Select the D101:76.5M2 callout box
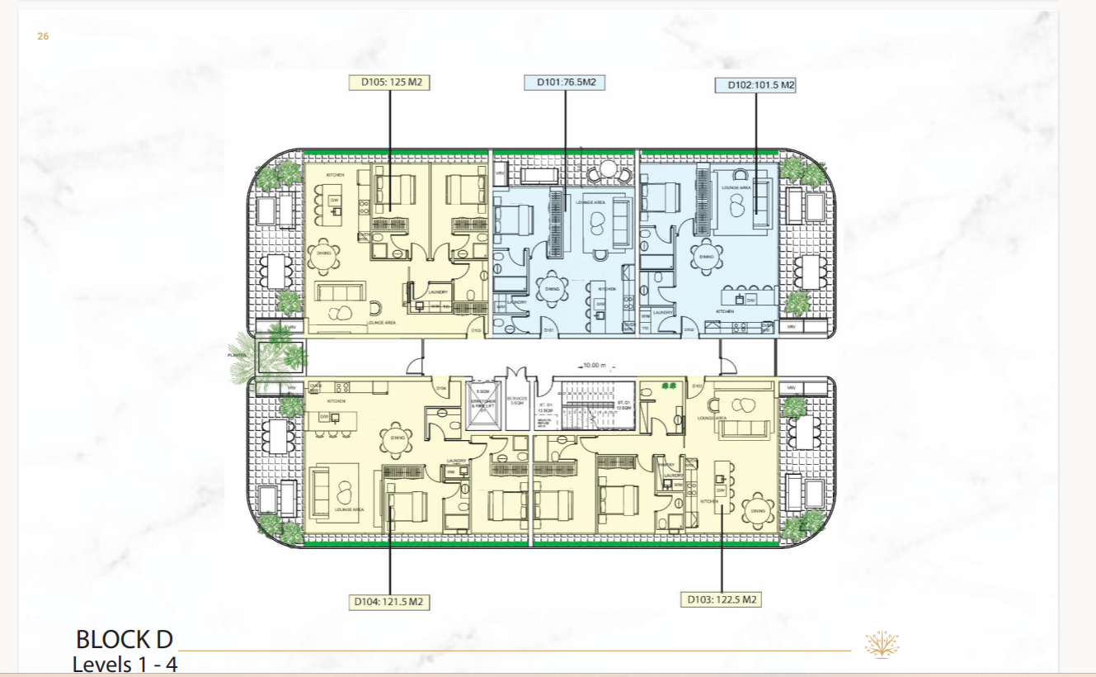[566, 82]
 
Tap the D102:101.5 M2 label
[755, 84]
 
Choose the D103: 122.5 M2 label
[722, 600]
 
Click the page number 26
[43, 36]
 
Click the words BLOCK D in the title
[125, 639]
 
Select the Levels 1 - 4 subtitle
[125, 664]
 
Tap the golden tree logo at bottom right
[881, 644]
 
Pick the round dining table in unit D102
[707, 256]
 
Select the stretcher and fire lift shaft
[482, 405]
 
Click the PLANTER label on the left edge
[237, 355]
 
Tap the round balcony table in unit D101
[608, 170]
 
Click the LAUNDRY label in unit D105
[438, 291]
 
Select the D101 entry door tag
[548, 331]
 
